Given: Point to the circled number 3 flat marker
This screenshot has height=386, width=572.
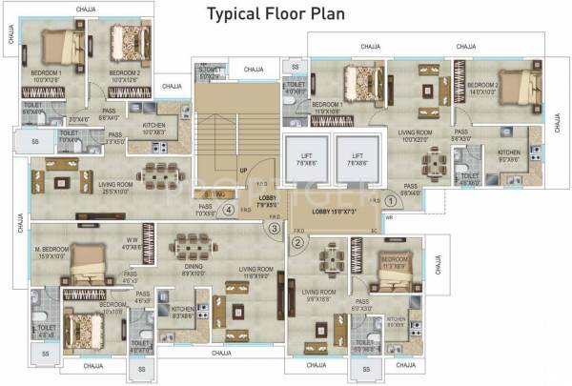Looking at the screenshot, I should pos(274,228).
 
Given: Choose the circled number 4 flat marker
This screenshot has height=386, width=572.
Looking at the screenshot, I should pos(228,211).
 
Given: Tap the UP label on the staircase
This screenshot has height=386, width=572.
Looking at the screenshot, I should pos(243,172).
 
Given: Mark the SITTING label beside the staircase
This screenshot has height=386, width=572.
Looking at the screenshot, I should pos(213,193).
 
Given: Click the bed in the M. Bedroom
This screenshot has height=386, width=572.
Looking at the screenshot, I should pos(92,256).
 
